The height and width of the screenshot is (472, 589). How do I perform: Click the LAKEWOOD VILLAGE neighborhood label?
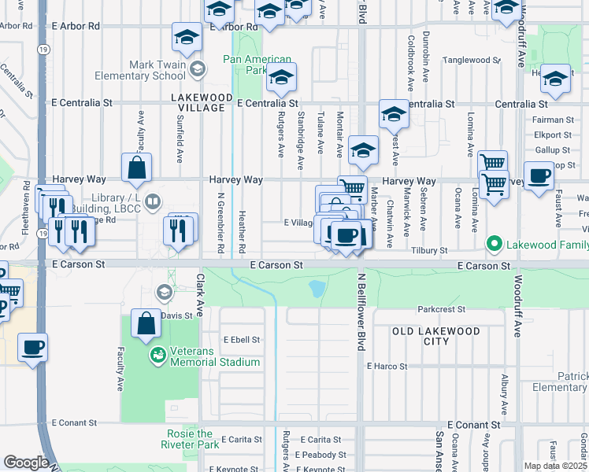pos(202,102)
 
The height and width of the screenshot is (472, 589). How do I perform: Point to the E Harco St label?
pos(387,366)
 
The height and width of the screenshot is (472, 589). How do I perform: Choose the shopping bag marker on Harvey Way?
pos(137,167)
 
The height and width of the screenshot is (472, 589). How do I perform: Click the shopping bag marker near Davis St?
pos(146,323)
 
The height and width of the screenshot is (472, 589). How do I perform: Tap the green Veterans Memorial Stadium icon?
pos(158,356)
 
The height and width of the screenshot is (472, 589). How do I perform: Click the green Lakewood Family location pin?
pos(494,244)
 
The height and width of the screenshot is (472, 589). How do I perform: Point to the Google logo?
pos(26,463)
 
